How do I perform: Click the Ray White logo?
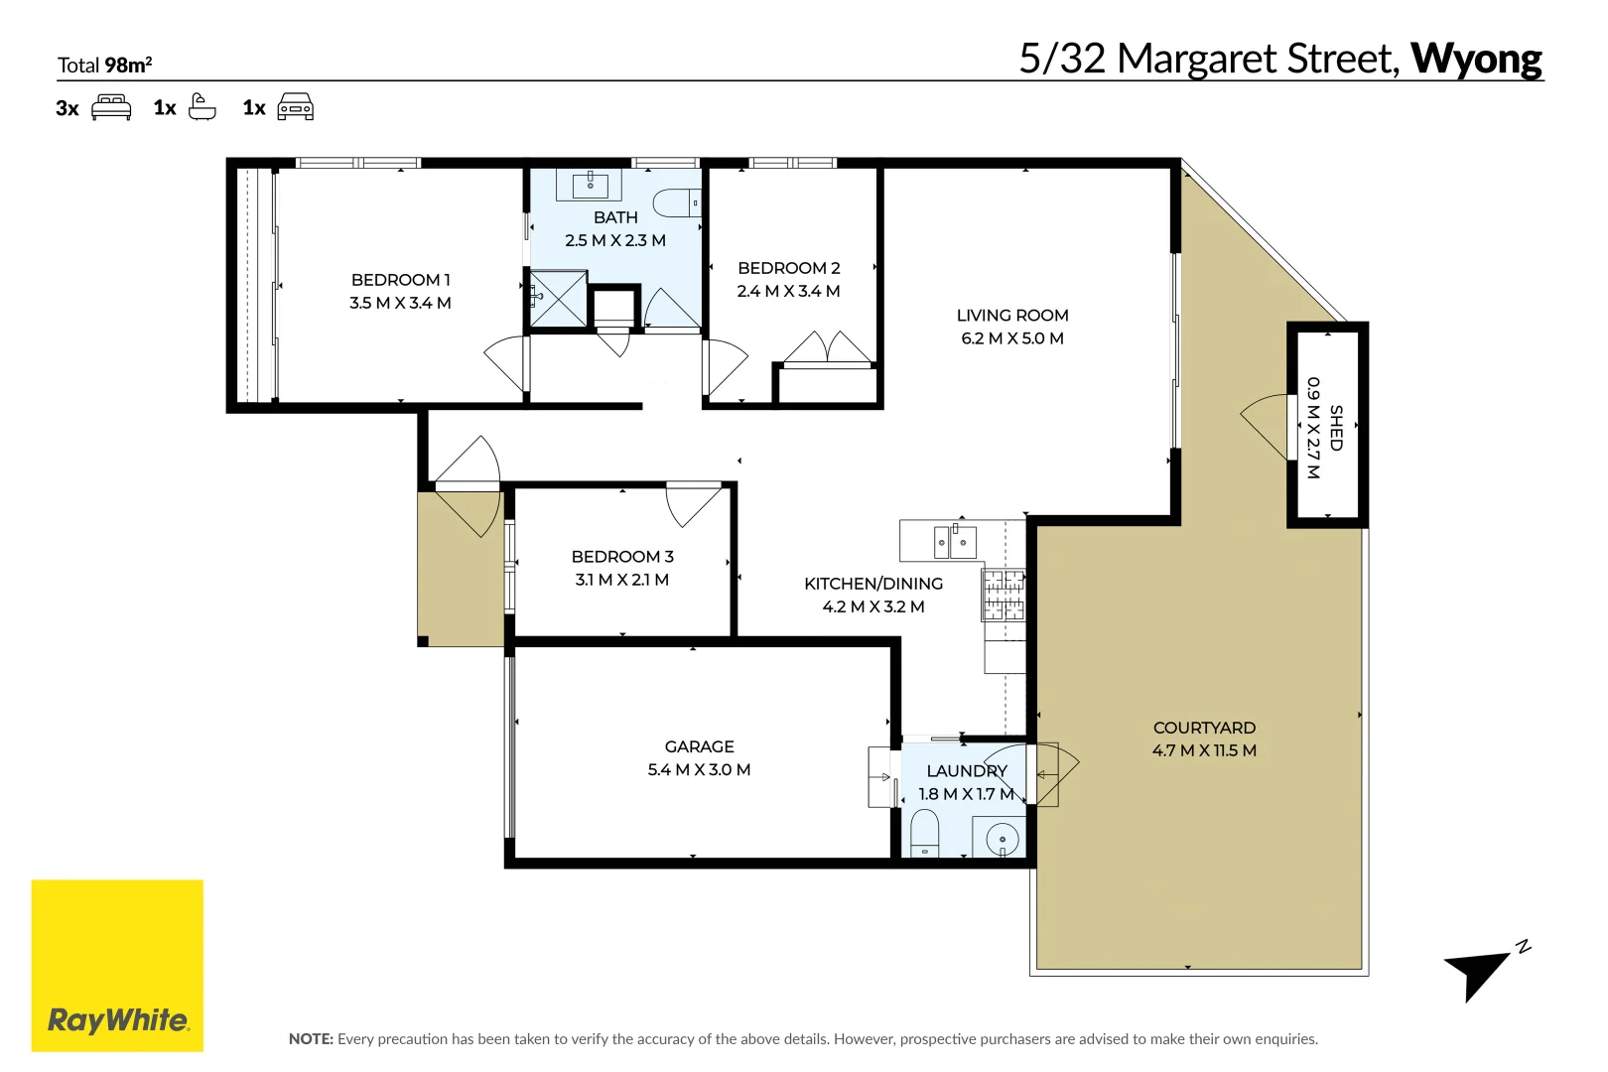click(117, 965)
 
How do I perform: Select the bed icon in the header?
click(111, 107)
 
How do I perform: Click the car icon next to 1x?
click(295, 107)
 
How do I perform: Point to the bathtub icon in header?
click(201, 107)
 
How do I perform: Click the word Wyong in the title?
click(1476, 59)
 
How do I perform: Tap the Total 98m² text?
click(104, 66)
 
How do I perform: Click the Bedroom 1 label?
click(400, 280)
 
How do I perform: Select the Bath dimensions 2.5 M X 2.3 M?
click(614, 240)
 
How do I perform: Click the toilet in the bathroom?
click(679, 202)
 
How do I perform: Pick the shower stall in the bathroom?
click(558, 298)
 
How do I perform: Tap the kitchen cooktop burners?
click(1004, 595)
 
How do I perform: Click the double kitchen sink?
click(954, 542)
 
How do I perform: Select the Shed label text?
click(1336, 427)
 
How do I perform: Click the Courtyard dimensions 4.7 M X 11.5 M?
click(1203, 750)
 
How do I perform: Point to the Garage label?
click(699, 746)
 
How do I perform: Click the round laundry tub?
click(1001, 838)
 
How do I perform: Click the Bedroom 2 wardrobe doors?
click(827, 347)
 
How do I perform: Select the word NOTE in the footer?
click(310, 1039)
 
